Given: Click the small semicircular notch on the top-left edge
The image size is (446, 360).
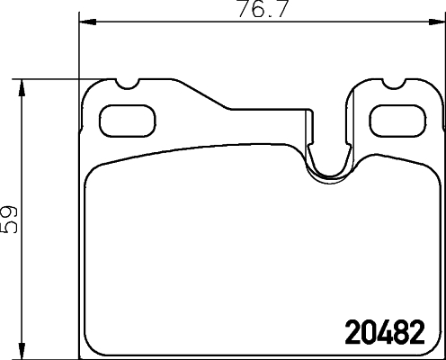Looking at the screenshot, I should tap(127, 86).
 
